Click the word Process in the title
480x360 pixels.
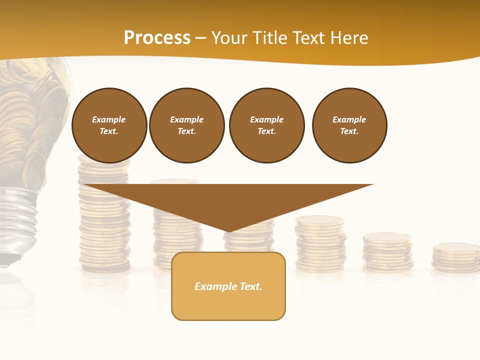[157, 38]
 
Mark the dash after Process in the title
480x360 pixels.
[200, 38]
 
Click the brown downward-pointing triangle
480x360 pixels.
[228, 200]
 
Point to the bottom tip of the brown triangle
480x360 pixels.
[228, 230]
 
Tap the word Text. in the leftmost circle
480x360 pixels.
[109, 131]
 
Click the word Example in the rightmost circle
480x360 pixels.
[349, 119]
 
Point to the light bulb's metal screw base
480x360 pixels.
[20, 220]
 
